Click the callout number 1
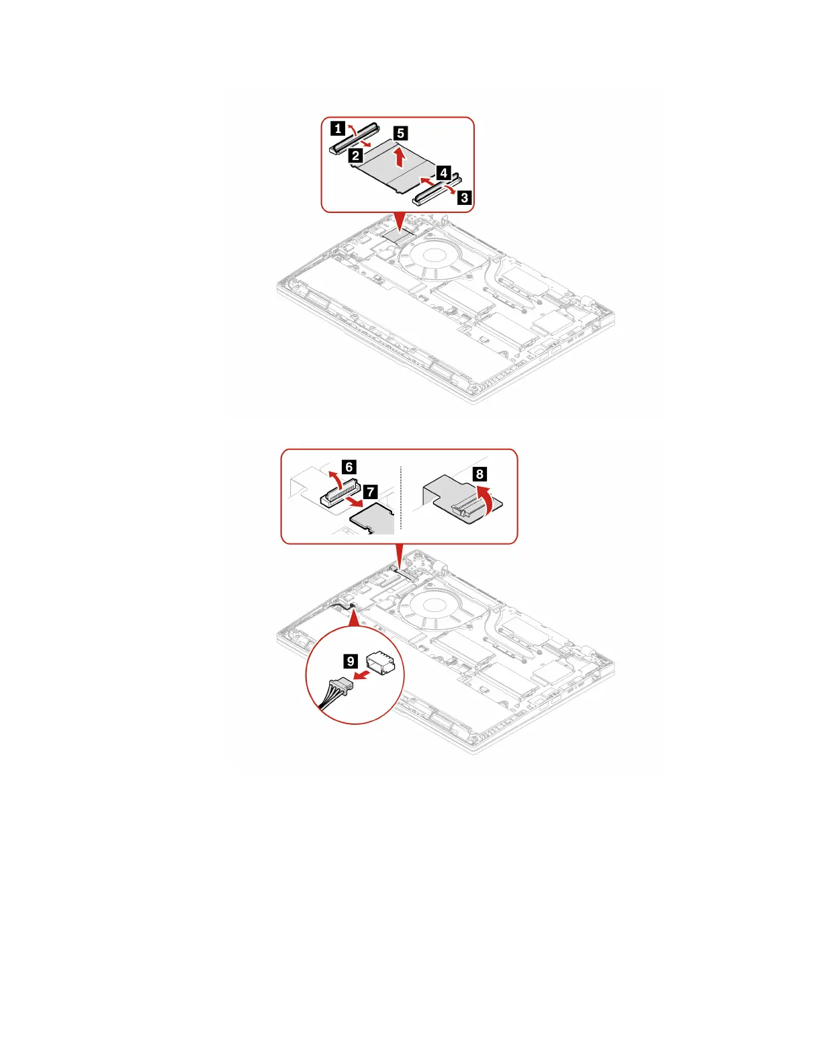pos(338,128)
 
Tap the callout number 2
pos(356,156)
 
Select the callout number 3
pos(464,197)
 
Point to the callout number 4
pos(443,173)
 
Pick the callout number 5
pos(400,133)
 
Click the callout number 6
pos(349,466)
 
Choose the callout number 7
pos(370,492)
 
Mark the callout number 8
pos(479,474)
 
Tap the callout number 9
pos(351,661)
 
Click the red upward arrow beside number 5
pos(400,158)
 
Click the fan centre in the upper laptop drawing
pos(434,254)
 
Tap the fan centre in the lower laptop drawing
pos(434,600)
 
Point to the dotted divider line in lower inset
pos(400,497)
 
